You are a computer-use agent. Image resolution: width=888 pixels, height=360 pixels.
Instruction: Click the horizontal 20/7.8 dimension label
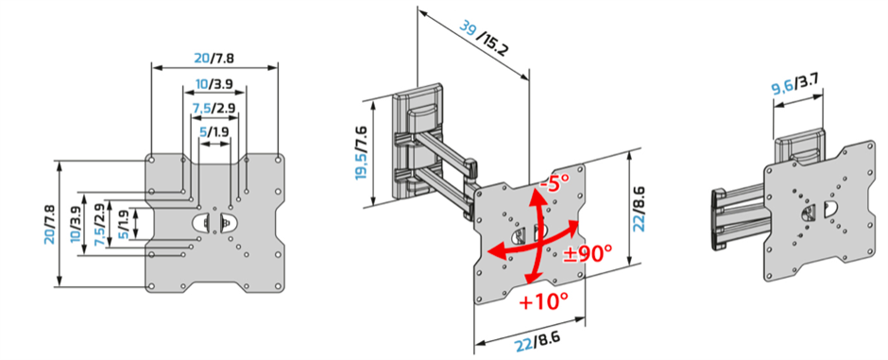pos(214,58)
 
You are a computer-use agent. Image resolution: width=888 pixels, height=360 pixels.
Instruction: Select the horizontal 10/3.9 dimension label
pos(214,84)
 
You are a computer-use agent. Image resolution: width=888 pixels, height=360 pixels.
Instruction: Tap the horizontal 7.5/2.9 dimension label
pos(214,108)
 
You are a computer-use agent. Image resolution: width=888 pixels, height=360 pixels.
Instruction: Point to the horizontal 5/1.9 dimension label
pos(214,132)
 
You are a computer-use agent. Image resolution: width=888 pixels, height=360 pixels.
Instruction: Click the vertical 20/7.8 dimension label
pos(49,224)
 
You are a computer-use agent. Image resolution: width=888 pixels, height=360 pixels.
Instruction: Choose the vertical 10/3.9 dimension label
pos(76,224)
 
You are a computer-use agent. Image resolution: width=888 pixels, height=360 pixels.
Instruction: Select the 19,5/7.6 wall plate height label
pos(363,154)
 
